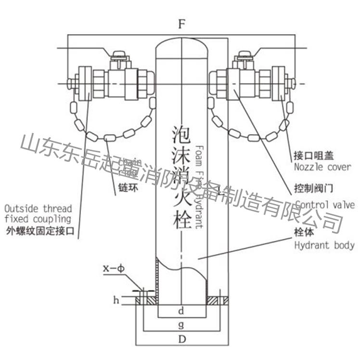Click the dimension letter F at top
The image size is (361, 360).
181,25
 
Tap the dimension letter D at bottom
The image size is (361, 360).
181,339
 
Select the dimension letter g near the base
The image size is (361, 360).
181,325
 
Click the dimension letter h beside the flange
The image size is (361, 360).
116,300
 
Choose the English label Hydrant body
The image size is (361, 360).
324,245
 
